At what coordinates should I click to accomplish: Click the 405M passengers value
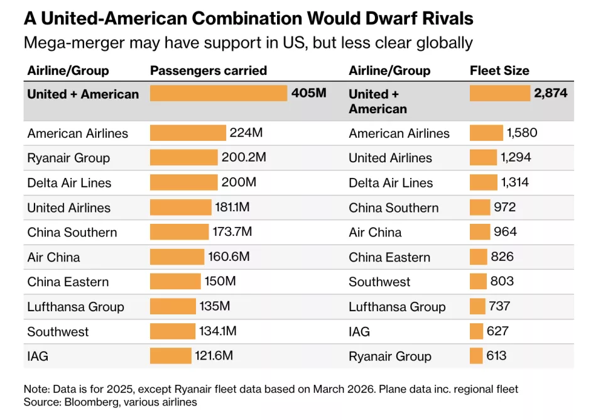point(308,94)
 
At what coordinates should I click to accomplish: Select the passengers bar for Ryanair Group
point(183,158)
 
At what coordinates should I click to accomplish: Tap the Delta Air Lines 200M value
point(239,182)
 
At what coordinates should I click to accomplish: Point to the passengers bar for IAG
point(170,356)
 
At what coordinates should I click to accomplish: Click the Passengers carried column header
point(209,70)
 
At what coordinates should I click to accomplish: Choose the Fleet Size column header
point(499,70)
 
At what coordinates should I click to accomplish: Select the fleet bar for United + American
point(500,94)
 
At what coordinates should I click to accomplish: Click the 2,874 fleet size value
point(551,94)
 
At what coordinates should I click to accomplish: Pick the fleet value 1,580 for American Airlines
point(522,133)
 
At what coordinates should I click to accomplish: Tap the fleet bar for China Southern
point(480,207)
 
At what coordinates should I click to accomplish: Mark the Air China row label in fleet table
point(375,232)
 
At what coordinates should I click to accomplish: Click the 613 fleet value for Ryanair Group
point(496,356)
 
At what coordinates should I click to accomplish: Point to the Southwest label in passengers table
point(58,331)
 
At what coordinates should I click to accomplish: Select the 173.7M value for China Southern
point(232,232)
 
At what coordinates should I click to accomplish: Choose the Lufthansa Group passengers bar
point(173,306)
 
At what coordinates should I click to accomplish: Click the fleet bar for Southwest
point(478,281)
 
